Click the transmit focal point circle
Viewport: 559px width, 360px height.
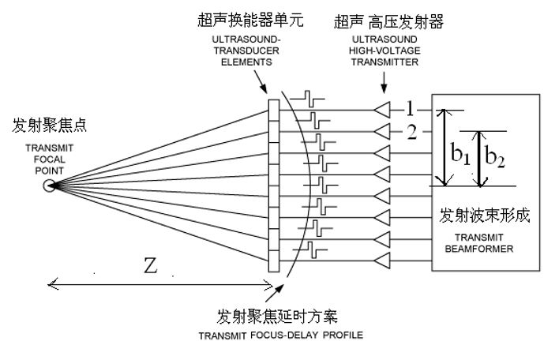click(50, 186)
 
